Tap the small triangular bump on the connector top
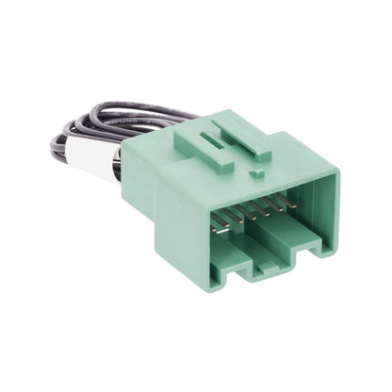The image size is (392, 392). (256, 175)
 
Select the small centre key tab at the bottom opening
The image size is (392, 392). (272, 263)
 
